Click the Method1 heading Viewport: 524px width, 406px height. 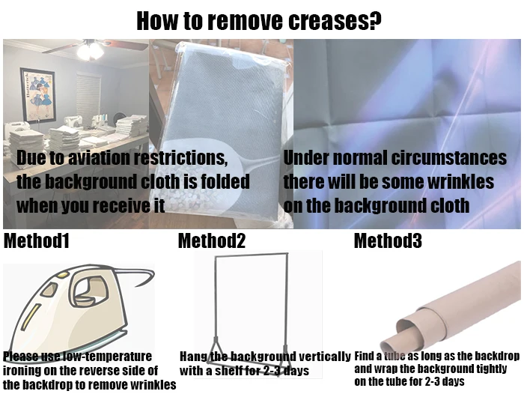37,240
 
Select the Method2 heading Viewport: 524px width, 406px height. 212,240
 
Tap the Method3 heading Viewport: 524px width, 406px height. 388,240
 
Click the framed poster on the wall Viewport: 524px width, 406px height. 37,94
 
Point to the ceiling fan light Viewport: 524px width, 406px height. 90,52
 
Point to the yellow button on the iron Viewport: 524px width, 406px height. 62,275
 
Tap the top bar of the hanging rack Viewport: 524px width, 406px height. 252,255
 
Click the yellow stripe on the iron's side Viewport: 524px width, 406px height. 31,317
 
